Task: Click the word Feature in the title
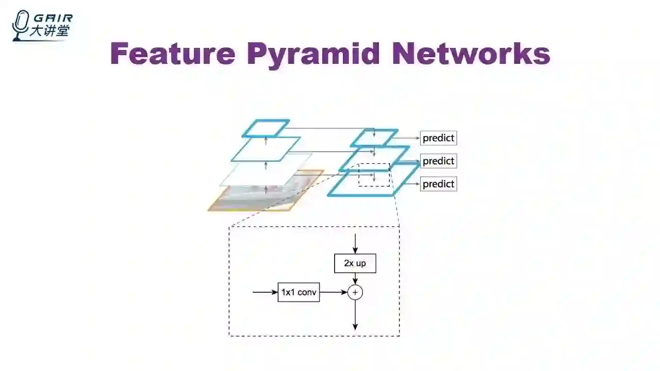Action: click(x=173, y=54)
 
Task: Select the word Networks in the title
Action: click(x=471, y=54)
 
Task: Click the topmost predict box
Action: click(x=438, y=138)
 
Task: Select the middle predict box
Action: click(x=438, y=161)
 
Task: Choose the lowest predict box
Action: click(x=438, y=184)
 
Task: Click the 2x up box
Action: click(x=355, y=263)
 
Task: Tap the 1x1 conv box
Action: click(x=299, y=292)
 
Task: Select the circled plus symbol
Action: click(x=355, y=292)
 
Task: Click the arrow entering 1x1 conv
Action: click(x=265, y=292)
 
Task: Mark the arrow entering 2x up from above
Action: click(x=355, y=243)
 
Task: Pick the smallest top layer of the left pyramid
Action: click(x=266, y=128)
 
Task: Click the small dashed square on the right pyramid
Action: click(x=374, y=175)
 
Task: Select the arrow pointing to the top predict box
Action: click(x=408, y=138)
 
